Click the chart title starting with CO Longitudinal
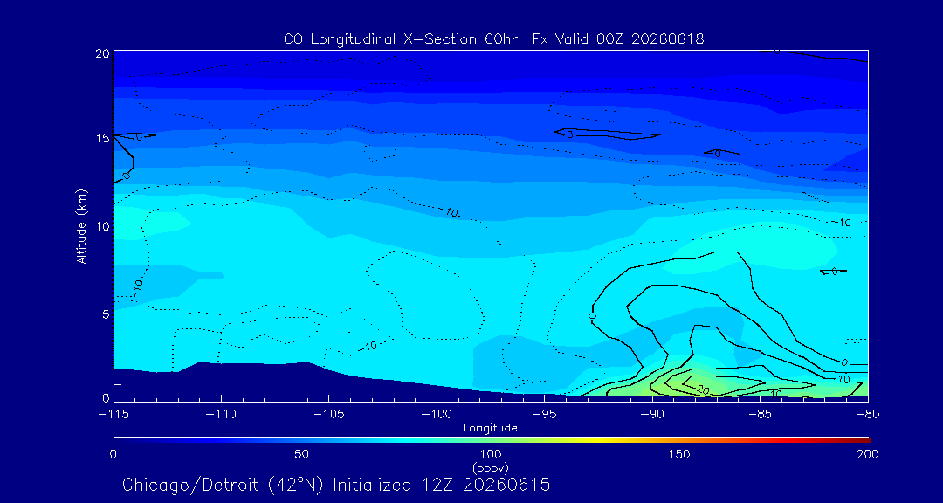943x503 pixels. [x=493, y=39]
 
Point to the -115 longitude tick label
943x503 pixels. [x=114, y=415]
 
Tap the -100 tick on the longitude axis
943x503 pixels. [x=437, y=415]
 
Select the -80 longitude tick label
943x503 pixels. [x=868, y=415]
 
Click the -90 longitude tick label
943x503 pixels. [x=652, y=415]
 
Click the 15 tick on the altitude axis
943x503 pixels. [x=102, y=138]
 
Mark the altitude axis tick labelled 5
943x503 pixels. [x=106, y=314]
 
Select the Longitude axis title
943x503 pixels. [x=490, y=429]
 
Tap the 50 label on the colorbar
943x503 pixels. [x=302, y=454]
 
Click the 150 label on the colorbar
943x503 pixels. [x=679, y=454]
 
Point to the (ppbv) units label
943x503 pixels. [x=490, y=467]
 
